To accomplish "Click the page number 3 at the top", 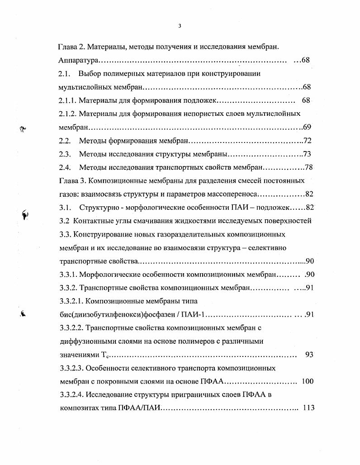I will tap(180, 25).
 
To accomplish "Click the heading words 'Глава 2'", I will tap(71, 47).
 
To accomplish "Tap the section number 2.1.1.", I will tap(71, 100).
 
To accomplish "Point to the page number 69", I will tap(307, 127).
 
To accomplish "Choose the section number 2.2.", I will tap(65, 141).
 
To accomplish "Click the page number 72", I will tap(308, 141).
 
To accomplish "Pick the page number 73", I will tap(308, 154).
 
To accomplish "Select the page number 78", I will tap(309, 167).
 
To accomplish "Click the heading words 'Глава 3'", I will tap(72, 180).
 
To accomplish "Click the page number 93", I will tap(309, 355).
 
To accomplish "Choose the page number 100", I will tap(307, 381).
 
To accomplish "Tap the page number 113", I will tap(308, 408).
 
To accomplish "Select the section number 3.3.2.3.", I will tap(74, 368).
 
